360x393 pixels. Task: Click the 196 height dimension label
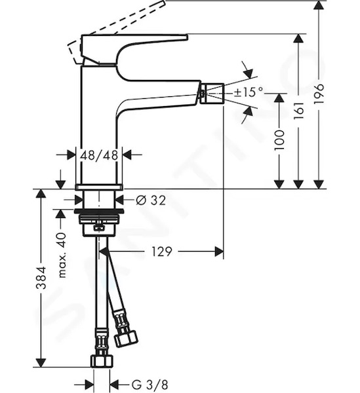320,94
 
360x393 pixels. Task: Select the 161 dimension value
299,111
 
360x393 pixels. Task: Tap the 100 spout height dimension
279,140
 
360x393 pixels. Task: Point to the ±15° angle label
249,92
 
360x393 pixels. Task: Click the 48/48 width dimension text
99,155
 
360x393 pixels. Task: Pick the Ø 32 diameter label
151,200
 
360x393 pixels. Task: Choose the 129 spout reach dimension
162,252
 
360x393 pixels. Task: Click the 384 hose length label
41,278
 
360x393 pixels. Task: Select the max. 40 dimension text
62,255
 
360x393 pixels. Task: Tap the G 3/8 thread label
150,384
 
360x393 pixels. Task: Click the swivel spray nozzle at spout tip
212,93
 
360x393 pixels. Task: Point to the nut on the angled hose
126,338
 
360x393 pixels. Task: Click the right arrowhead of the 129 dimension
219,252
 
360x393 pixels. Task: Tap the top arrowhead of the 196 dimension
319,5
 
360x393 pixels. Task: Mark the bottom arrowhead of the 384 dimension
41,363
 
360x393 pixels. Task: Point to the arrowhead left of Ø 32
79,200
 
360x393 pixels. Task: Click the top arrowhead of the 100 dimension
279,98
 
